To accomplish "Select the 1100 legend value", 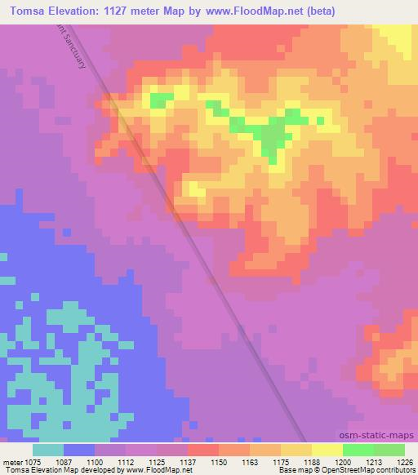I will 95,461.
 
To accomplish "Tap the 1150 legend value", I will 218,461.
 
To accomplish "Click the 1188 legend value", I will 311,461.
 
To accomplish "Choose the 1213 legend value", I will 373,461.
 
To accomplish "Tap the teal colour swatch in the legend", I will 48,450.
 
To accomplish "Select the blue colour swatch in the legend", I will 79,450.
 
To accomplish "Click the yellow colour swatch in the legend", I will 327,450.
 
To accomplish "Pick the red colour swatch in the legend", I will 203,450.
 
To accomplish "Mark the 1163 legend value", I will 249,461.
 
